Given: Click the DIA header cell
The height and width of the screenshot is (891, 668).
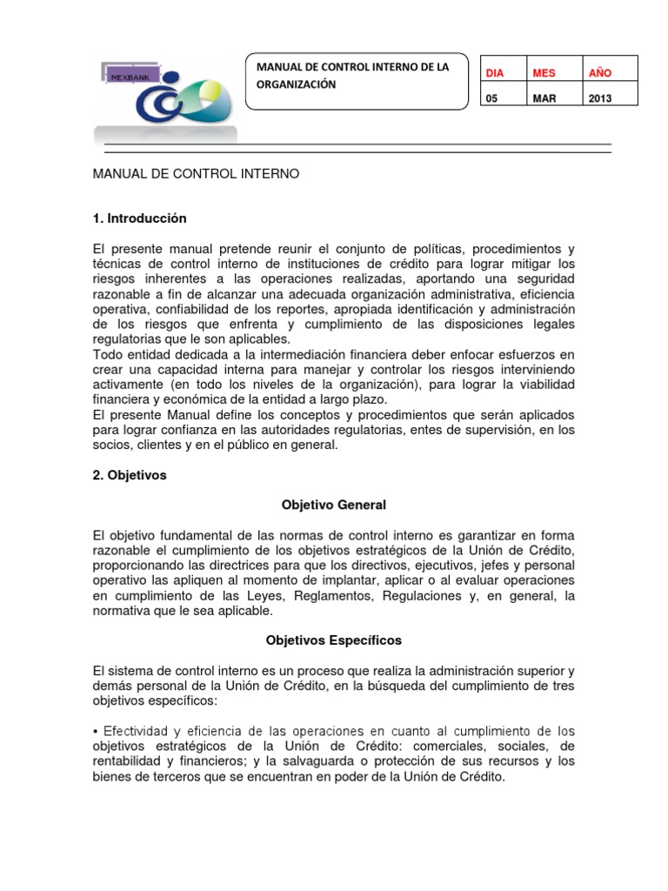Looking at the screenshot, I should click(493, 73).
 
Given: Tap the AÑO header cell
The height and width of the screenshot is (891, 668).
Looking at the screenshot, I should click(600, 73).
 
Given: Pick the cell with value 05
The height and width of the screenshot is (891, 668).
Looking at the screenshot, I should click(491, 98).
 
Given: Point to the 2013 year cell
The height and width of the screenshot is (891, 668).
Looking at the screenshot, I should click(600, 98).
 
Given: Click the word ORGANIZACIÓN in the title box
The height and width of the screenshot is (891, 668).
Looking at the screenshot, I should click(296, 85).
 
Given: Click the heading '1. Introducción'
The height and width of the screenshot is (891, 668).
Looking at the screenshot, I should click(139, 218).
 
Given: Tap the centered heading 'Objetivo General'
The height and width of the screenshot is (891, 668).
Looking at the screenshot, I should click(334, 505).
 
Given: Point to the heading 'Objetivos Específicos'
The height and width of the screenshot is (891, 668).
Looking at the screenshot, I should click(334, 640).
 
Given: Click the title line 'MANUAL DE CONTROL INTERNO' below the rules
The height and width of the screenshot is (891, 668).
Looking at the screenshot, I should click(195, 174).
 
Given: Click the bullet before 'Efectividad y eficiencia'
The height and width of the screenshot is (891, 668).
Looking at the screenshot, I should click(95, 731).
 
